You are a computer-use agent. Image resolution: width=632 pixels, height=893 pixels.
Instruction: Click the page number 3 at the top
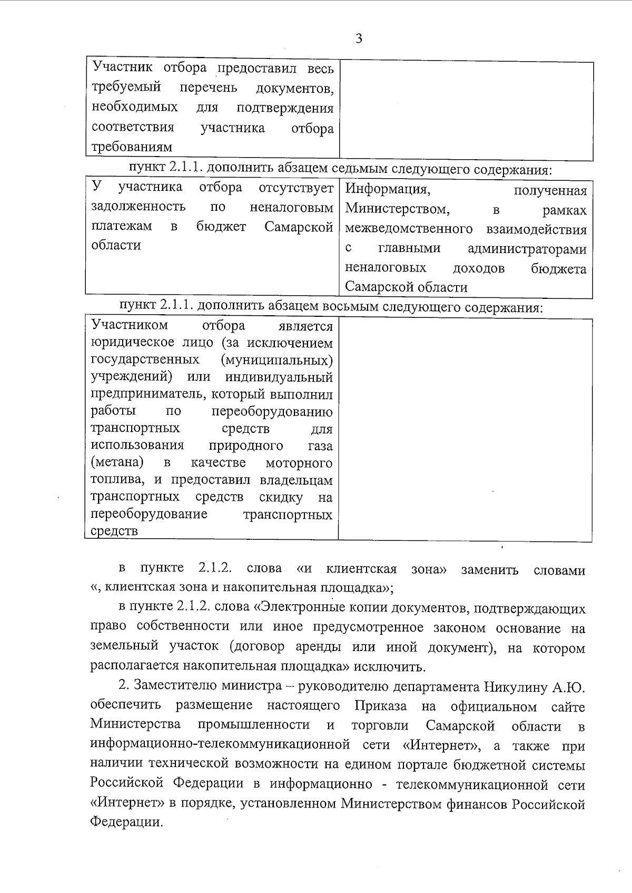click(359, 39)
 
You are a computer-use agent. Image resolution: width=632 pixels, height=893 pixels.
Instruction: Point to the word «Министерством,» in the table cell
click(398, 209)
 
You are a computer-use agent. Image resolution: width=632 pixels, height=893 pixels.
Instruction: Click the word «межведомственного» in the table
click(409, 229)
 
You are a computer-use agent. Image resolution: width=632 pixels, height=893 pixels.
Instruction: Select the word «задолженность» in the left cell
click(138, 206)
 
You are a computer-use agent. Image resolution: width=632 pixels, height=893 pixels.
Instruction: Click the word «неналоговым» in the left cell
click(291, 206)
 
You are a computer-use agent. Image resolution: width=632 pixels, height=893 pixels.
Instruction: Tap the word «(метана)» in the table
click(117, 463)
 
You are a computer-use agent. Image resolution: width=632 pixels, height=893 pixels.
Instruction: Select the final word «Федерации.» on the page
click(126, 822)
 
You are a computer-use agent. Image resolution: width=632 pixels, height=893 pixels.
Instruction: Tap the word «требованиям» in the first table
click(132, 147)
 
